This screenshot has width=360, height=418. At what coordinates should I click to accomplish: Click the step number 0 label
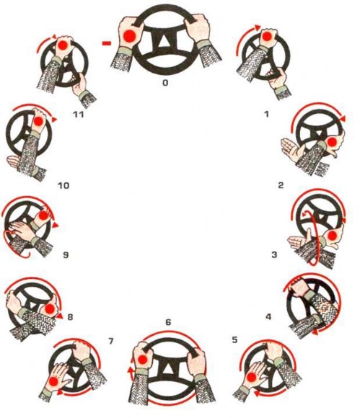pos(165,83)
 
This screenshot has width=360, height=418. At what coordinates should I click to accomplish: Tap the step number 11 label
pos(79,115)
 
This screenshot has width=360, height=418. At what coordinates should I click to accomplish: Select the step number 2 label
pos(281,185)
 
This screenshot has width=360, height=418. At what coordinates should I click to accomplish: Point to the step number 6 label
pos(168,322)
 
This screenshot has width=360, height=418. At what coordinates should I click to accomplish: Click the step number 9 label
pos(66,255)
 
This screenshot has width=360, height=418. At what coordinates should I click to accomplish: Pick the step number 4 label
pos(268,316)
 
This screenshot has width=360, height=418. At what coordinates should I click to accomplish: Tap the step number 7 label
pos(111,341)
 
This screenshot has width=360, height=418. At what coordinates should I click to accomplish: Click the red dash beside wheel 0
pos(107,43)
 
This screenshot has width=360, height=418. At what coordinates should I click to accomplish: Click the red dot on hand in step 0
pos(129,36)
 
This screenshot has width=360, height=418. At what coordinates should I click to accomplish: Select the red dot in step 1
pos(266,36)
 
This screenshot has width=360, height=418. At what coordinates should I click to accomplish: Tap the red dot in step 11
pos(63,45)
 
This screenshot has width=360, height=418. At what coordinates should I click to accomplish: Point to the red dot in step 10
pos(38,121)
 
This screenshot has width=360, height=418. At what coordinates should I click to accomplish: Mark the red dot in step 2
pos(332,143)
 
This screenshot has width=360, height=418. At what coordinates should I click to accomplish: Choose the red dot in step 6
pos(142,360)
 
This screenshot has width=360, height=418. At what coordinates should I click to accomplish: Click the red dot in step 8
pos(50,309)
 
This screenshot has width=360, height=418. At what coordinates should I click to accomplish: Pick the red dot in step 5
pos(251,377)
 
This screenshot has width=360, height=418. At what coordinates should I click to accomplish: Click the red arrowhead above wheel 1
pos(258,27)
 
